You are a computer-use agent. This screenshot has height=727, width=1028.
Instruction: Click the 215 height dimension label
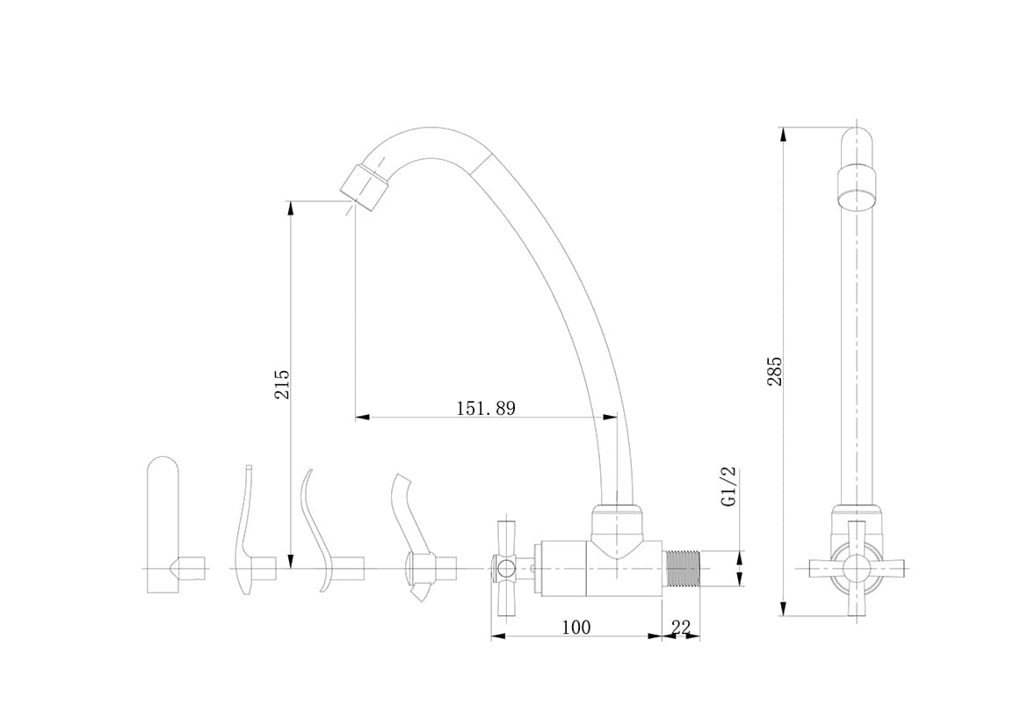pyautogui.click(x=282, y=384)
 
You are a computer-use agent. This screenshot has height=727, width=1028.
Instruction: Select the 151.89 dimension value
pyautogui.click(x=486, y=408)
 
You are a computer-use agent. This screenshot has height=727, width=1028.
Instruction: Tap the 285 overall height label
pyautogui.click(x=775, y=371)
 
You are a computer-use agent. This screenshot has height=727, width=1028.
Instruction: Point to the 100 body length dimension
pyautogui.click(x=576, y=628)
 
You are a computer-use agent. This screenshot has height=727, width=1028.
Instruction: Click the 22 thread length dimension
pyautogui.click(x=681, y=628)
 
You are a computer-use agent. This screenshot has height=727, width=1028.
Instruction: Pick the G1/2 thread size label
pyautogui.click(x=728, y=486)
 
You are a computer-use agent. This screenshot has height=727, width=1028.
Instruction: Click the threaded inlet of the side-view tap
pyautogui.click(x=684, y=568)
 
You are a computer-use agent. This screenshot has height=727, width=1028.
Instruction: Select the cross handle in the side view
pyautogui.click(x=505, y=568)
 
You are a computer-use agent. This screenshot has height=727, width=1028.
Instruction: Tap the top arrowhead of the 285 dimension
pyautogui.click(x=783, y=134)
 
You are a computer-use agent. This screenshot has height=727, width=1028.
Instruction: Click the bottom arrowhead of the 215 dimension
pyautogui.click(x=291, y=561)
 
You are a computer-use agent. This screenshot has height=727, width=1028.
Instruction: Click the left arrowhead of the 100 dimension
pyautogui.click(x=499, y=636)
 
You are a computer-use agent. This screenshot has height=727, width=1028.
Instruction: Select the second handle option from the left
pyautogui.click(x=252, y=530)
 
